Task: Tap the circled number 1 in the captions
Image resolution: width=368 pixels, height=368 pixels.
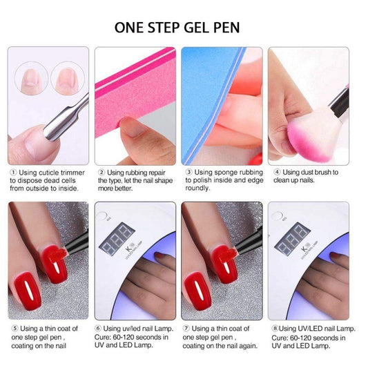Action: (12, 172)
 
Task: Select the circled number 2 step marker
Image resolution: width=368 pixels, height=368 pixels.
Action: (101, 172)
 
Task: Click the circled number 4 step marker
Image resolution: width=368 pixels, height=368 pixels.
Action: (276, 172)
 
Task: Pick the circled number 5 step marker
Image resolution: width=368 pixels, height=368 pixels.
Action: (12, 328)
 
